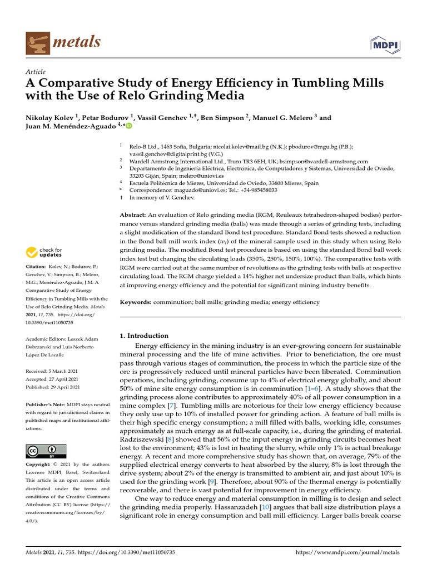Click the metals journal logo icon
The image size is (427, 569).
point(37,42)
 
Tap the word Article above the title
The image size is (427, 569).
point(36,72)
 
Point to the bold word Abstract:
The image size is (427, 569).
point(133,214)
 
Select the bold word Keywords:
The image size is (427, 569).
point(136,302)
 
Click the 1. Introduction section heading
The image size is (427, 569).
point(144,336)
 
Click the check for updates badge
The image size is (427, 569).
point(43,253)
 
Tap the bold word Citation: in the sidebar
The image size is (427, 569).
point(38,267)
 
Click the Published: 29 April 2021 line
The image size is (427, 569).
point(53,387)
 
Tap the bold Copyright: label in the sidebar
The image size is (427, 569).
point(41,464)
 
